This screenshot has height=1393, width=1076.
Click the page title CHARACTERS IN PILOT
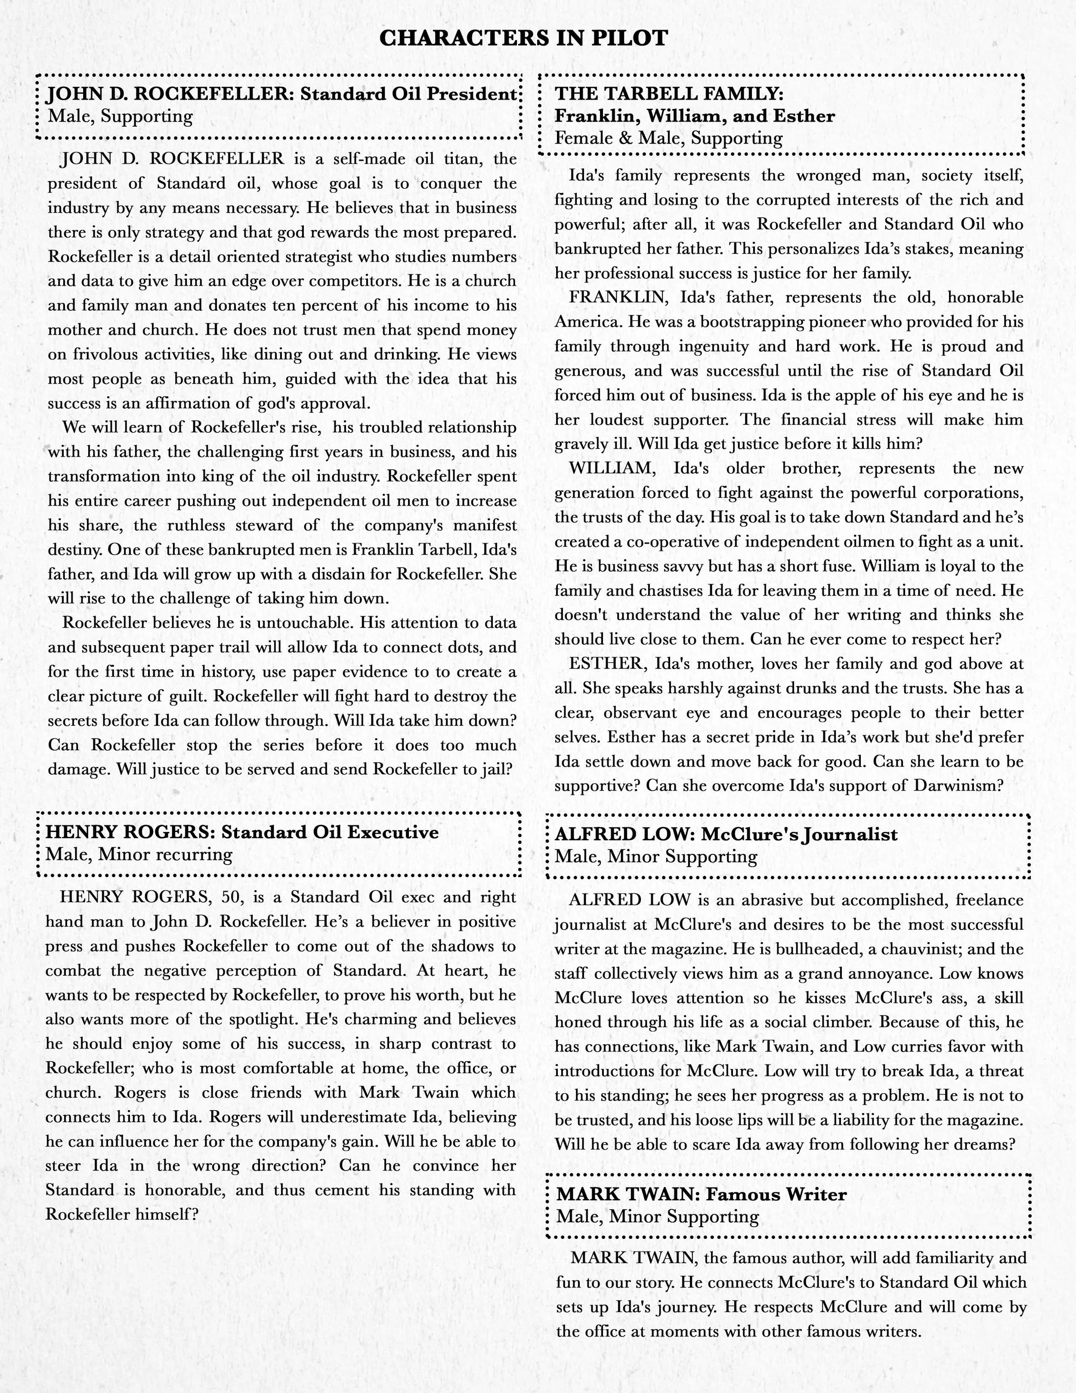click(523, 38)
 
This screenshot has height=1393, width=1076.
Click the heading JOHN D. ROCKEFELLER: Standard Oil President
click(281, 94)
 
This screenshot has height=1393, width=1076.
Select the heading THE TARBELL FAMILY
click(669, 94)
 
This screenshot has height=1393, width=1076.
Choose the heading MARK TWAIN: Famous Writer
click(701, 1194)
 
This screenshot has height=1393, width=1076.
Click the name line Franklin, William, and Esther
click(694, 116)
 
